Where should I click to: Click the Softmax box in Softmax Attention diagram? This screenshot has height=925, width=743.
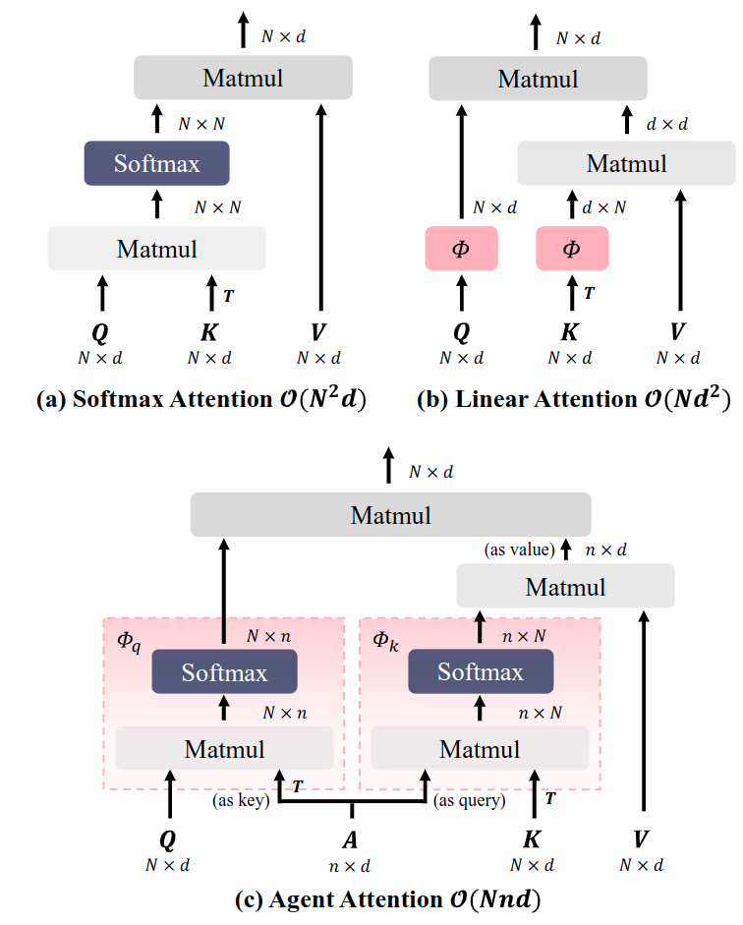(x=156, y=163)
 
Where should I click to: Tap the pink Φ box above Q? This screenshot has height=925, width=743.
(x=461, y=248)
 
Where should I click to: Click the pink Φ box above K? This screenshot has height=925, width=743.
(x=571, y=248)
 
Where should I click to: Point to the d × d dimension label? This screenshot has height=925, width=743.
(x=667, y=124)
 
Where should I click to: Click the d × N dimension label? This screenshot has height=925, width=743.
(x=604, y=207)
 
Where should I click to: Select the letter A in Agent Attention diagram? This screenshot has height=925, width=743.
(x=351, y=839)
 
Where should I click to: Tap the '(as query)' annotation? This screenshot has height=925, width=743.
(x=470, y=801)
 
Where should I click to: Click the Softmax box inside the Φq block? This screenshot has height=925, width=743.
(x=224, y=672)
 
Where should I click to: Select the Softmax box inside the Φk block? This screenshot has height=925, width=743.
(x=481, y=672)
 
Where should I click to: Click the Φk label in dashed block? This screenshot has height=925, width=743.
(x=385, y=640)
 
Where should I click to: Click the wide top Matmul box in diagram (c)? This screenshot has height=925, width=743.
(x=390, y=514)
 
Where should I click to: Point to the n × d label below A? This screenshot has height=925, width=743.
(x=351, y=866)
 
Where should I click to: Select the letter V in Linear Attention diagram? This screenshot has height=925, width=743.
(x=678, y=330)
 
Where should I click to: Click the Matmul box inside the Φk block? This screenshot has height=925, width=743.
(x=480, y=749)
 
